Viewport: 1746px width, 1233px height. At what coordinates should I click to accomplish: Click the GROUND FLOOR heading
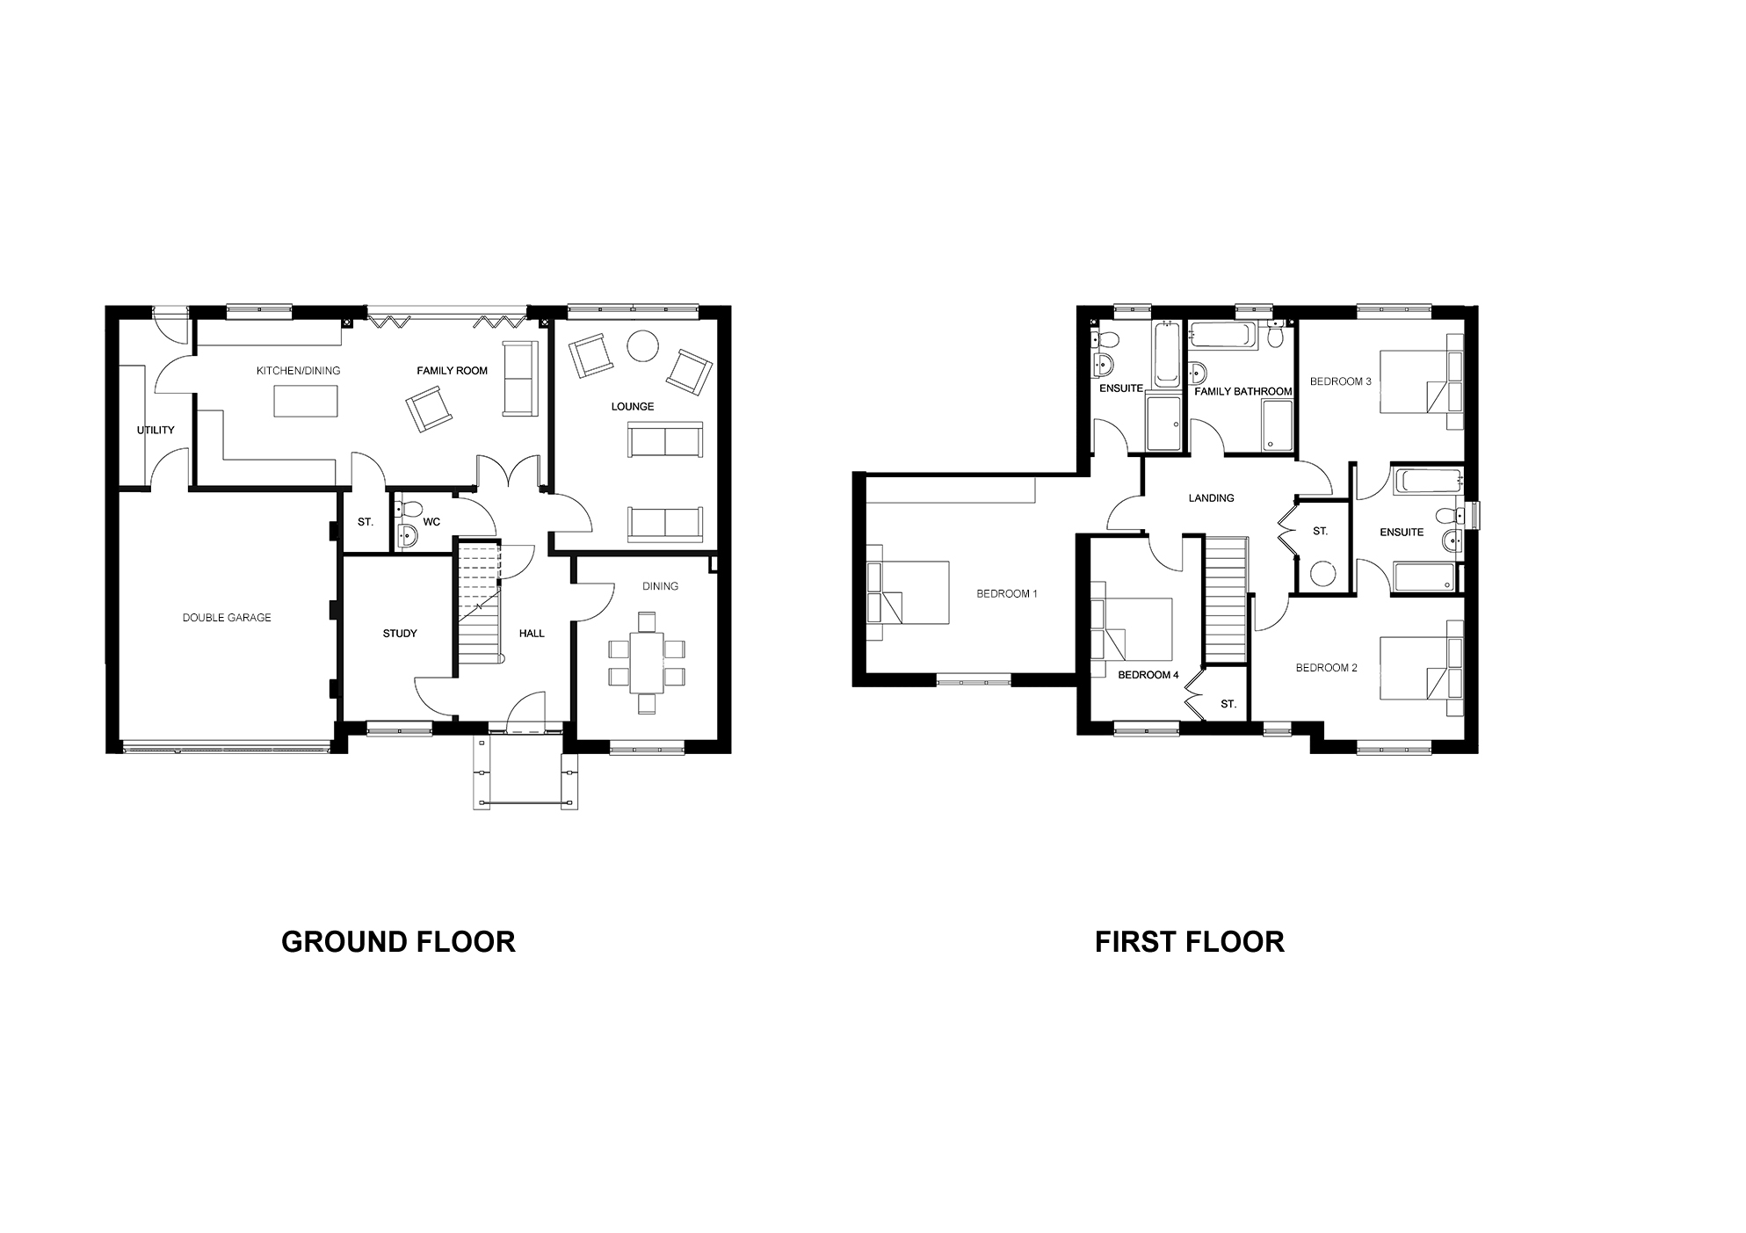398,942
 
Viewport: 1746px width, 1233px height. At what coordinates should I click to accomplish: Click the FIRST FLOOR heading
1189,942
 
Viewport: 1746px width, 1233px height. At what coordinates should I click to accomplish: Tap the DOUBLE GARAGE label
227,618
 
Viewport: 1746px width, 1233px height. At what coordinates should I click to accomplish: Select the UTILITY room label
156,430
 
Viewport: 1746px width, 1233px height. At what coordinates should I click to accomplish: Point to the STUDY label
400,634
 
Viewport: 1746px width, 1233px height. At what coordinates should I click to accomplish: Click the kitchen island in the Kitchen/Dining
306,401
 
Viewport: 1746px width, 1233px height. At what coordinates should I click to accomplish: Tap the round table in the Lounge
643,345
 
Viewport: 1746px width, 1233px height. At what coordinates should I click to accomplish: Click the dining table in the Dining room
647,664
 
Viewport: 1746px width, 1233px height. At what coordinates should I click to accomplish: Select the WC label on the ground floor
431,522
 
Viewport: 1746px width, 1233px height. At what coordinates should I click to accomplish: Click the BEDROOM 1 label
1007,594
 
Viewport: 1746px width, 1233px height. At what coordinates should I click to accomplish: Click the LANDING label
1211,498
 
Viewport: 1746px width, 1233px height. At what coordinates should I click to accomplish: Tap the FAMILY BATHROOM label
1243,392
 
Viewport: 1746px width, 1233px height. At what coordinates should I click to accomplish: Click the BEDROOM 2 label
1326,668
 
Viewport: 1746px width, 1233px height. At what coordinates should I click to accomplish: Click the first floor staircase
1225,600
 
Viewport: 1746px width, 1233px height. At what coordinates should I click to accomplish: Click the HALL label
532,634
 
